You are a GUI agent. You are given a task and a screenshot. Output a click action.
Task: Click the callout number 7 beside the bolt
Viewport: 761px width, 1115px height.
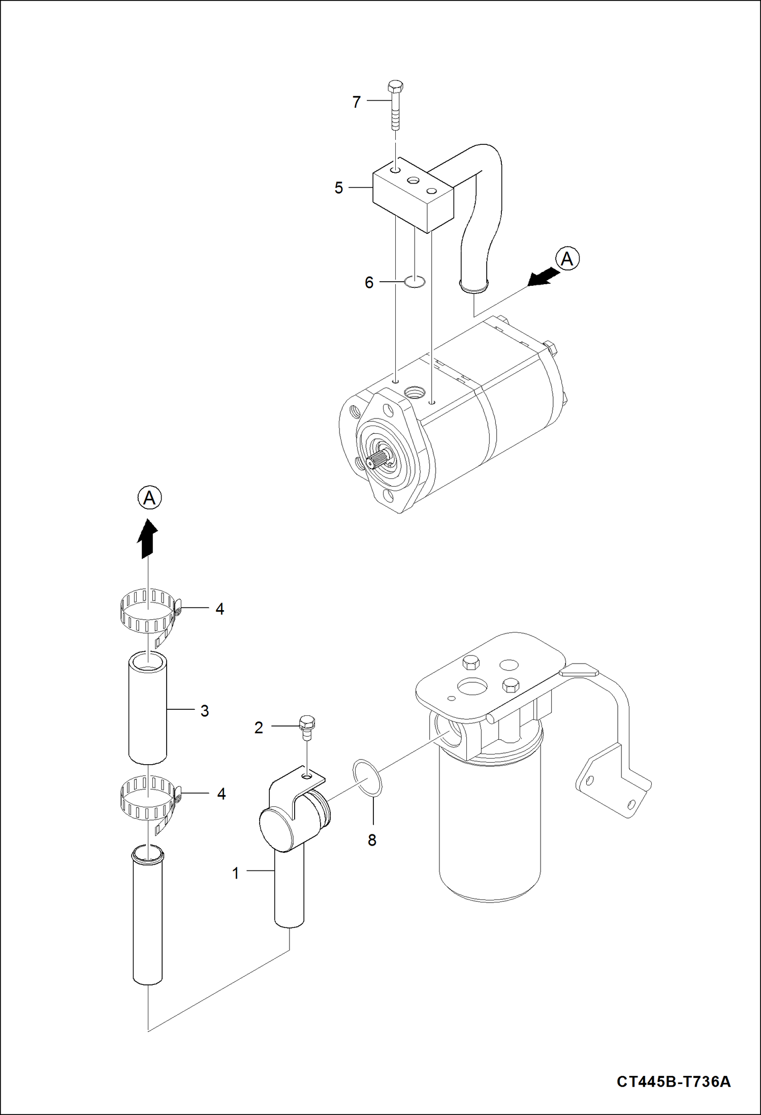coord(357,102)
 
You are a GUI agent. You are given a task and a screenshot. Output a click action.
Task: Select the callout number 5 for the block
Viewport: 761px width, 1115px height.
coord(339,188)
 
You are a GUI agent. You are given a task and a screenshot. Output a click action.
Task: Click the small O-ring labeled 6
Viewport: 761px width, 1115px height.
coord(415,281)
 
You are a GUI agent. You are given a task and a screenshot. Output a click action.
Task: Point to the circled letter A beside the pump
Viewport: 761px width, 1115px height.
coord(567,259)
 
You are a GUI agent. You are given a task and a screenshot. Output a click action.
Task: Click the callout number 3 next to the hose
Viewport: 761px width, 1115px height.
coord(205,711)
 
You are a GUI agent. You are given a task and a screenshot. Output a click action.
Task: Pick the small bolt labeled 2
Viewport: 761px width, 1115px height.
coord(307,725)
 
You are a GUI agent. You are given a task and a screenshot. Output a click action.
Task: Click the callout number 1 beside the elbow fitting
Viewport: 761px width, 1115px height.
coord(236,873)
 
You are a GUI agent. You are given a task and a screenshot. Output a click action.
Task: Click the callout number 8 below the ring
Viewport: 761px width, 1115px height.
coord(372,840)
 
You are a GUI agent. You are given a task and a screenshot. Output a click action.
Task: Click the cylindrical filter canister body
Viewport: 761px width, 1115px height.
coord(490,834)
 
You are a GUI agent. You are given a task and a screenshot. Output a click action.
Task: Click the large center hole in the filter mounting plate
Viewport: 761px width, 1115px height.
coord(472,687)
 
